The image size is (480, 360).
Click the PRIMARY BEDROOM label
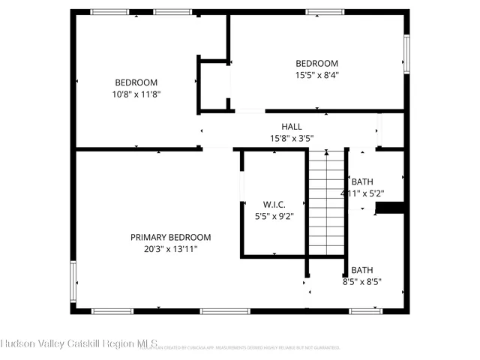[170, 236]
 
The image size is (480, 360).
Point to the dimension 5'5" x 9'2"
[274, 216]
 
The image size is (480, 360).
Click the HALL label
[292, 126]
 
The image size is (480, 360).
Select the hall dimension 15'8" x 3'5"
[292, 138]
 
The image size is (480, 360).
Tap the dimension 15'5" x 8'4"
[316, 75]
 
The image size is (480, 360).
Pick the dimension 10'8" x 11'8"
[136, 94]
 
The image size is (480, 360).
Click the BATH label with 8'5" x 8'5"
[362, 270]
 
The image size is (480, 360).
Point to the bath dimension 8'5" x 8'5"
[362, 282]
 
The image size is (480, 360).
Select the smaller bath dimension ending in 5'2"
[362, 193]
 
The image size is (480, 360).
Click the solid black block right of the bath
[390, 208]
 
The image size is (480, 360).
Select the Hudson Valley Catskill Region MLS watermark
[79, 344]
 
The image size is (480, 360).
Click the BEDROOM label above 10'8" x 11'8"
[136, 82]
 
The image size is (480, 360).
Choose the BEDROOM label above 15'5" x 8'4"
[316, 63]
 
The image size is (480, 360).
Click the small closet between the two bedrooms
[213, 84]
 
